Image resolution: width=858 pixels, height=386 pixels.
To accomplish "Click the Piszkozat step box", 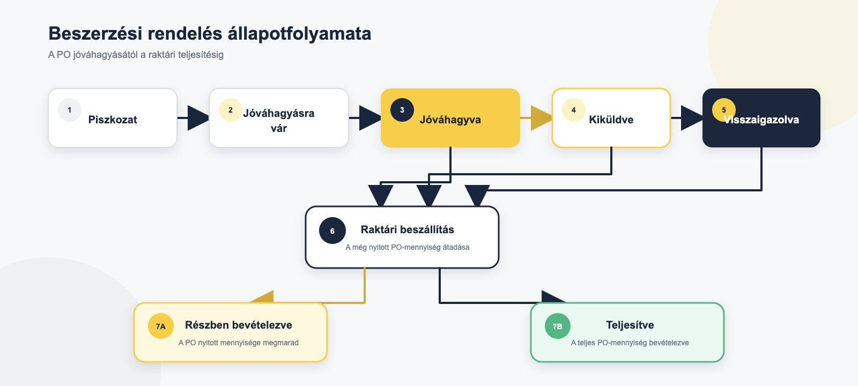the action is pos(113,118).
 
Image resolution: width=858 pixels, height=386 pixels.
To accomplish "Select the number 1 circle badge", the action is pos(69,110).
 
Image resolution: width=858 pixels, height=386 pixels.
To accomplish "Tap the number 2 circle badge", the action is pos(230,110).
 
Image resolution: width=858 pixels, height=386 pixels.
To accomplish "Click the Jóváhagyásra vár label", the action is pos(279,121).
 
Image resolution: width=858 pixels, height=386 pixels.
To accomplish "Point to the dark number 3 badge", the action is pos(402,110).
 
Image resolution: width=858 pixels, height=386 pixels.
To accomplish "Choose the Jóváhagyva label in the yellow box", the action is pos(450,120).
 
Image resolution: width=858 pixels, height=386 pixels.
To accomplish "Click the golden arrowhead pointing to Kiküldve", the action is pos(541,118).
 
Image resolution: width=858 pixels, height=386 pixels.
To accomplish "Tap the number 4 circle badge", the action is pos(573,110).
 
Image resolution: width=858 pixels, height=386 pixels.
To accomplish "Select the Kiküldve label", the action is pos(611,120).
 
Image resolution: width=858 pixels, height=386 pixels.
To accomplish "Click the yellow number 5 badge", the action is pos(723,110).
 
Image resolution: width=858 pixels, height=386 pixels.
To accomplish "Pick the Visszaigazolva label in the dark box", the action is pos(761,120).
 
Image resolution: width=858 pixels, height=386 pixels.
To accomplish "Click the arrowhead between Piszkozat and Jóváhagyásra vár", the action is pos(198,118).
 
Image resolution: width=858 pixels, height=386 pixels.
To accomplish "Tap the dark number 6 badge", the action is pos(332,231).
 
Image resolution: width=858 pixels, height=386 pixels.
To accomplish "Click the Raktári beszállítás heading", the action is pos(407,229).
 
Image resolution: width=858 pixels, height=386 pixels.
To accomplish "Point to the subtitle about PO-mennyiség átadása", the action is pos(407,247).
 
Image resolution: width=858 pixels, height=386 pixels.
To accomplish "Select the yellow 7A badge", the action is pos(161,326).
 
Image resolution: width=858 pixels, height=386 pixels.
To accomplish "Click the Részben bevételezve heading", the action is pos(238,325).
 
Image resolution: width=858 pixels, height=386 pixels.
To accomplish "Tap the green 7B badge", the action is pos(557,326).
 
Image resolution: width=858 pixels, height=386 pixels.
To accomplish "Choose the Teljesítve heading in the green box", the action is pos(630,325).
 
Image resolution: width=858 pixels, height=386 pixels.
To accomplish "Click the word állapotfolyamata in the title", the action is pos(300,33).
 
